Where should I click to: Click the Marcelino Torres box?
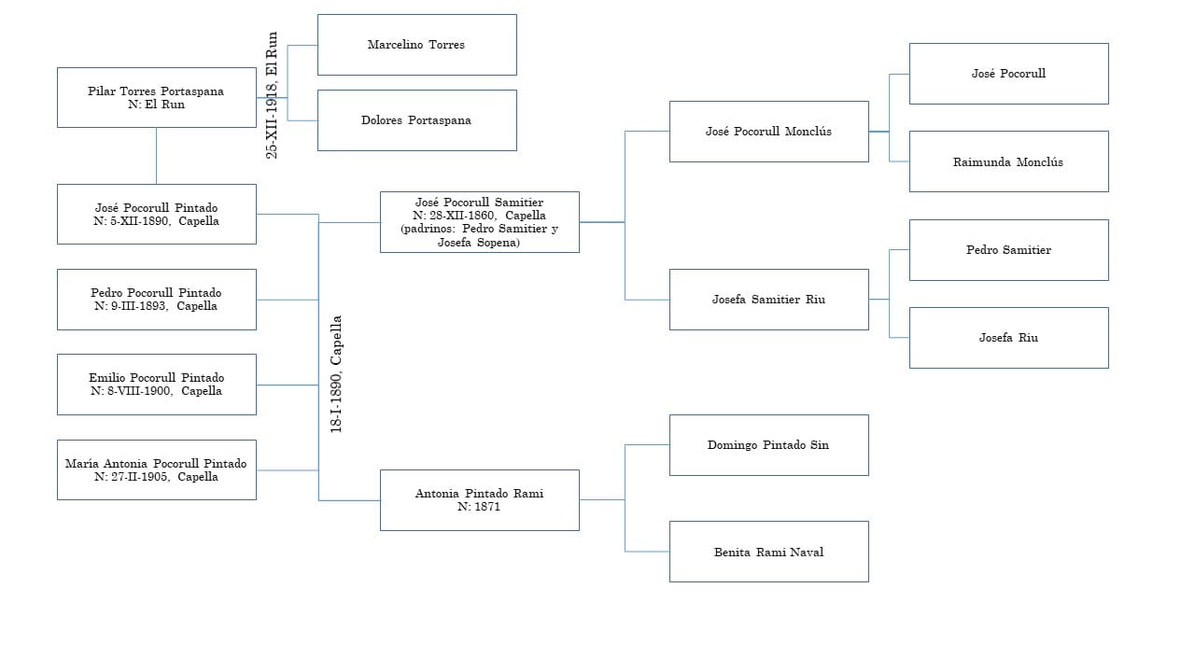416,45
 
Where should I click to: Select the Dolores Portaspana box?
416,120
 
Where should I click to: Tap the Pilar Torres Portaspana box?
156,97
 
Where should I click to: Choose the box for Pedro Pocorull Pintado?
156,300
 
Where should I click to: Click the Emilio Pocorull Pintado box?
156,385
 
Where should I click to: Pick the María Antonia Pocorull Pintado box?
156,469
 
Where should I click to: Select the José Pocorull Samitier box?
479,222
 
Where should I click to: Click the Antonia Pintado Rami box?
479,500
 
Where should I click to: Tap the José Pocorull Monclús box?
768,132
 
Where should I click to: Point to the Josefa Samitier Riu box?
768,300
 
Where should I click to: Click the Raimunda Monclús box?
1008,161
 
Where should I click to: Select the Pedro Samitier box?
1008,250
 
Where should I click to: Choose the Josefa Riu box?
1008,338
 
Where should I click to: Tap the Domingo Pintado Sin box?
768,445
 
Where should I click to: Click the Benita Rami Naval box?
768,552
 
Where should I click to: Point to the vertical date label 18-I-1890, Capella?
336,373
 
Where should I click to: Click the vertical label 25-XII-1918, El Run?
273,95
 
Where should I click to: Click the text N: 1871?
479,507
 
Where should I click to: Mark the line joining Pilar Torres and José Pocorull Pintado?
156,156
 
